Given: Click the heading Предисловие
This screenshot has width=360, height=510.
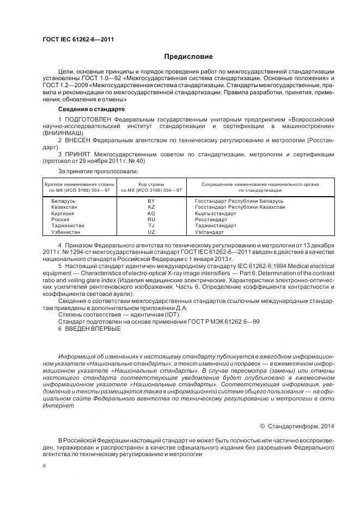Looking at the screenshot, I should [188, 57].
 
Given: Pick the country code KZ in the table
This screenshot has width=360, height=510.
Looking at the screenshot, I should [151, 207].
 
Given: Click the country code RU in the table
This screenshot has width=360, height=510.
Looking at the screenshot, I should [151, 219].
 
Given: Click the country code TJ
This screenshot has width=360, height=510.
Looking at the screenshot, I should [151, 225].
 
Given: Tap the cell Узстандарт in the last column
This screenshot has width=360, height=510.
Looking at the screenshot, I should [209, 232].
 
